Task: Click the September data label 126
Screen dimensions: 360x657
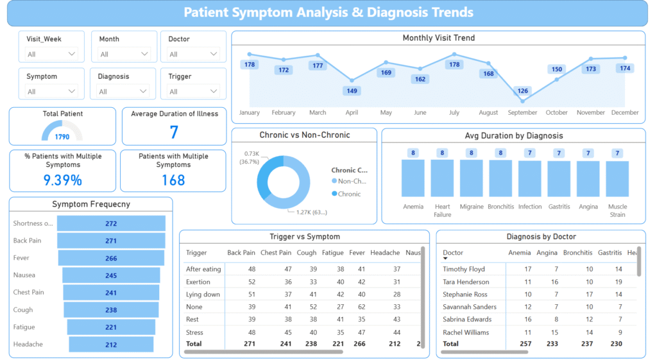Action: pos(523,90)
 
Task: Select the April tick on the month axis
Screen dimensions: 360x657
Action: pos(352,112)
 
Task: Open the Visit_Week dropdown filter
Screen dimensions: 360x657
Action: pos(51,55)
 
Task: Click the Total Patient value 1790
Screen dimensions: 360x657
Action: pos(62,136)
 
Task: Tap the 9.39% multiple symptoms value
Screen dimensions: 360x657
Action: pos(62,180)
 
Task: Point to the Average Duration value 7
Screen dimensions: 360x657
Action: pos(174,132)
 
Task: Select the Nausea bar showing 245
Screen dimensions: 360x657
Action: pos(111,275)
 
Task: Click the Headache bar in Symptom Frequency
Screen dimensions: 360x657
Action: pos(111,345)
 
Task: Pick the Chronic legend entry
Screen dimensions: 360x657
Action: pos(349,194)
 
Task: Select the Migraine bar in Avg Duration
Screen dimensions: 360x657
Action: pos(472,178)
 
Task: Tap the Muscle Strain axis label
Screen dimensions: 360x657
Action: pos(617,210)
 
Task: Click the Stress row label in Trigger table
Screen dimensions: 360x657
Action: pos(194,332)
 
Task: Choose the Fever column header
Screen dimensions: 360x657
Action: pos(357,253)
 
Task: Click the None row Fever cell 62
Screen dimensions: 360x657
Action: pos(361,307)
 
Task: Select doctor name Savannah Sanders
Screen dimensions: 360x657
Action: pos(470,307)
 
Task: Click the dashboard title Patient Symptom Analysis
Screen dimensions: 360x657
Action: pos(328,12)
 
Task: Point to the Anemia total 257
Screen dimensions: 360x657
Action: pos(524,344)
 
